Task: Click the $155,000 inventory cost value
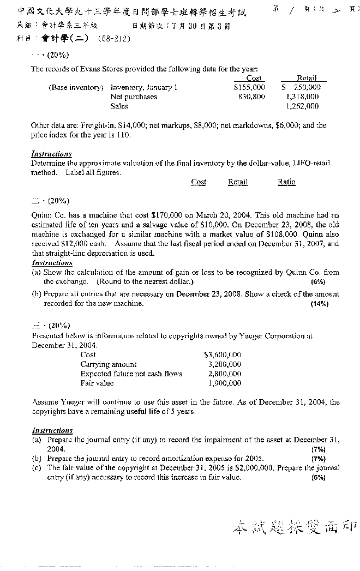[x=249, y=87]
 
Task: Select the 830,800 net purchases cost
[x=251, y=97]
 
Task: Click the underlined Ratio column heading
[x=286, y=182]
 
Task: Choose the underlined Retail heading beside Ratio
[x=238, y=182]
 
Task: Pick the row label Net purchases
[x=134, y=97]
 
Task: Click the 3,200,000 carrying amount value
[x=224, y=364]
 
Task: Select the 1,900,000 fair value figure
[x=224, y=383]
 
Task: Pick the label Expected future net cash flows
[x=131, y=374]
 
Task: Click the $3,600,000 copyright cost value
[x=222, y=354]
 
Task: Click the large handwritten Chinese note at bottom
[x=295, y=527]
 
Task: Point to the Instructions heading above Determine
[x=52, y=154]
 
